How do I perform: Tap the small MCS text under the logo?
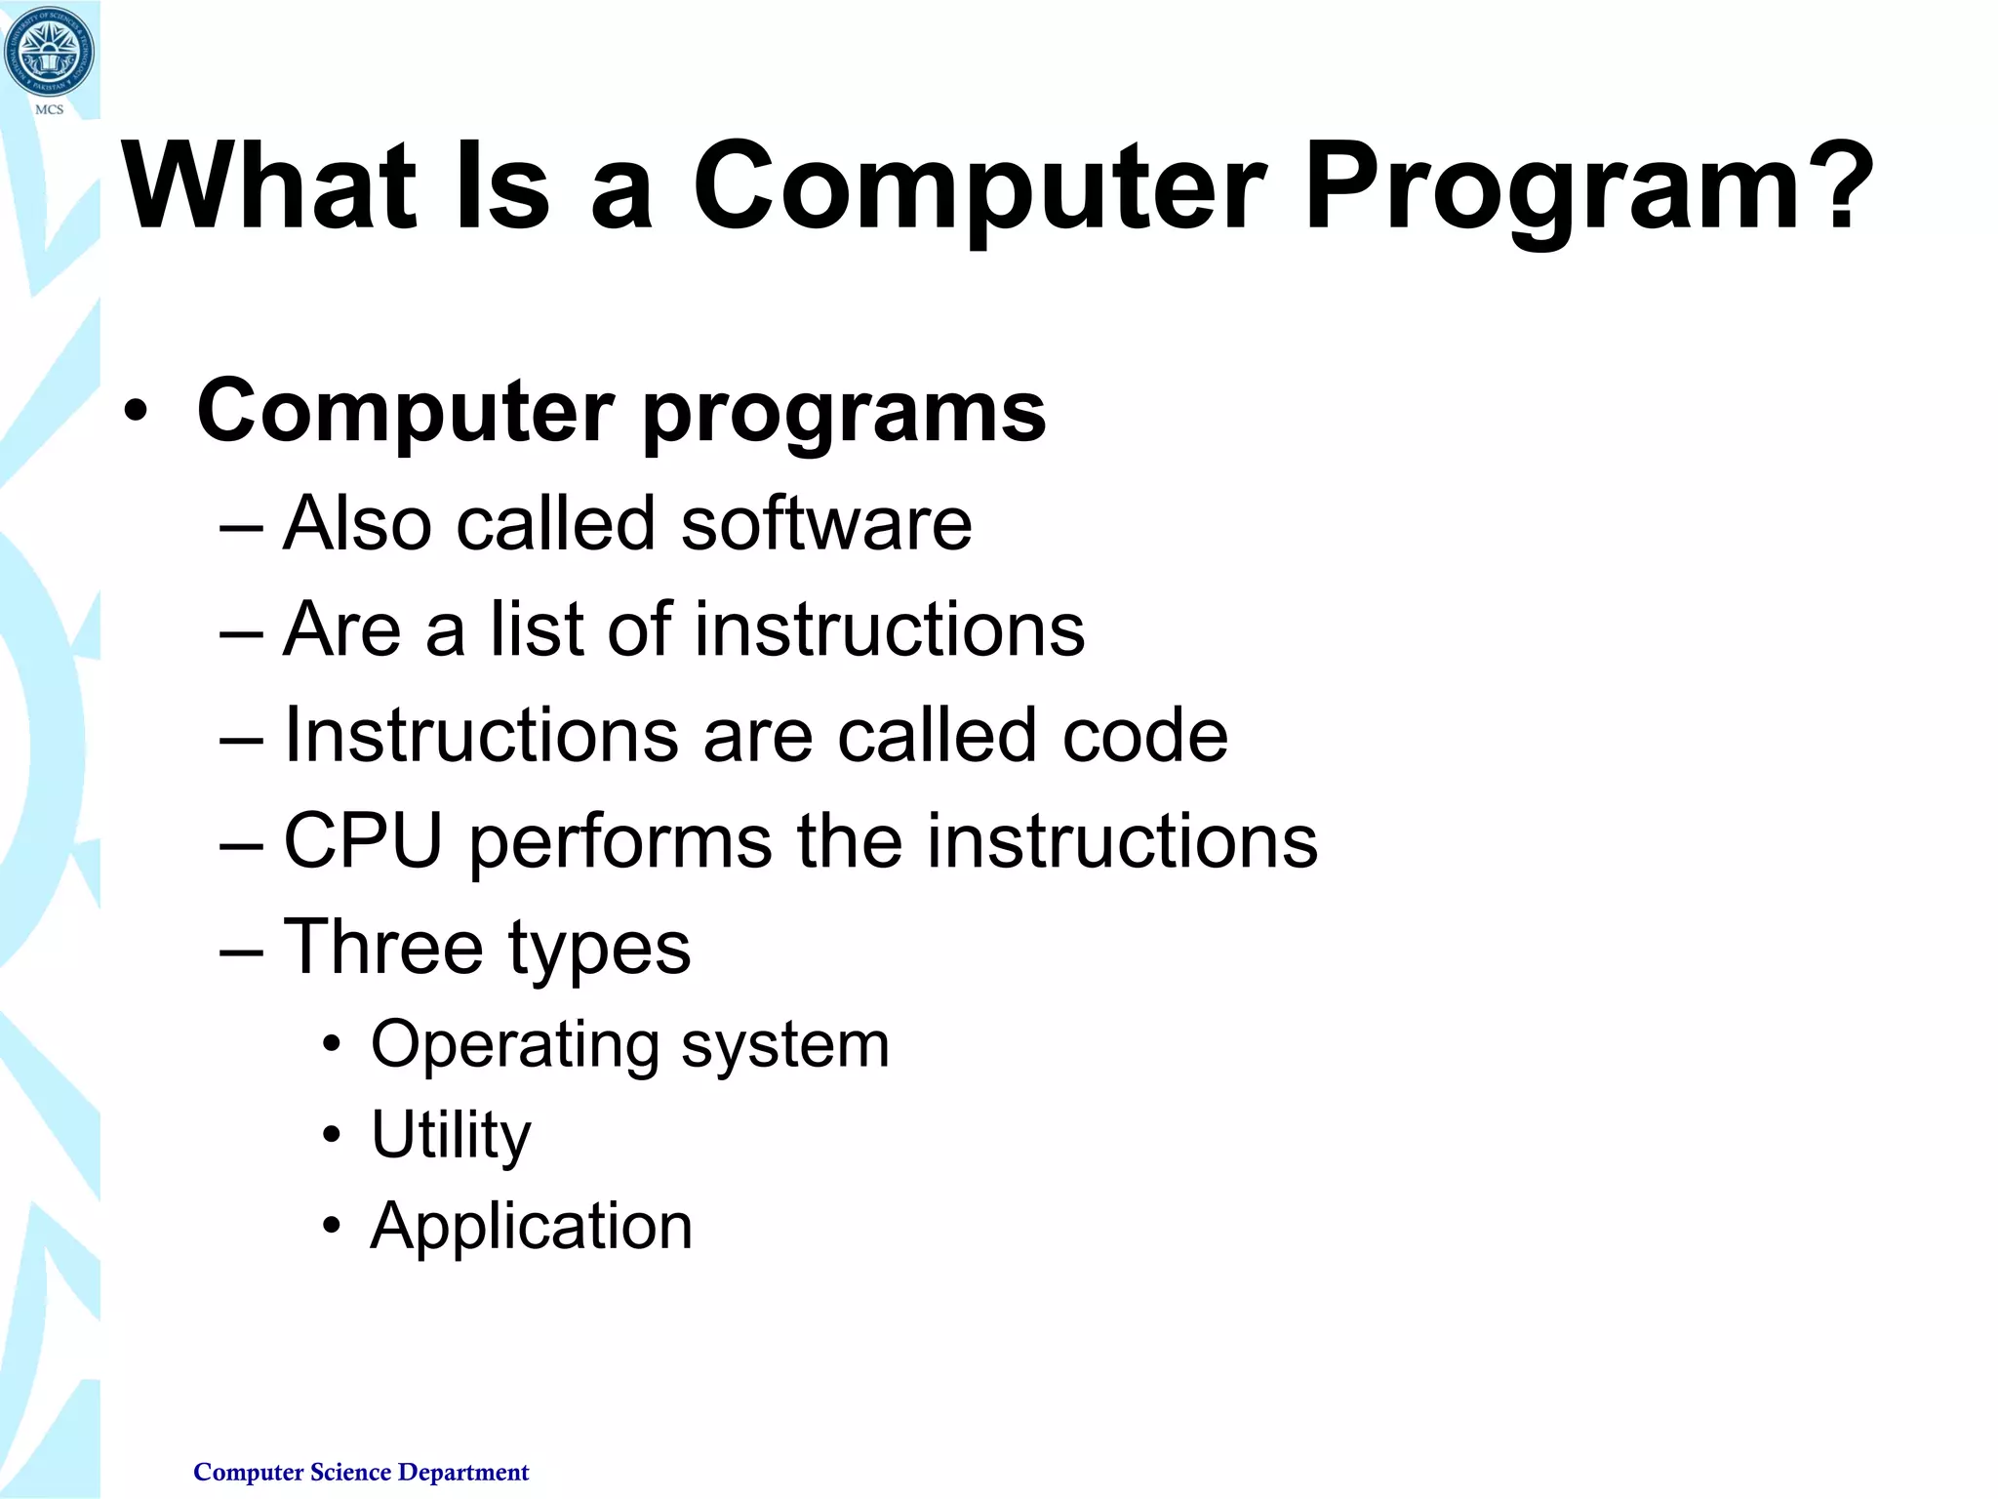[49, 110]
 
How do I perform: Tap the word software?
[826, 524]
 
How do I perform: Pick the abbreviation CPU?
[363, 840]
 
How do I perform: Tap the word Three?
[383, 947]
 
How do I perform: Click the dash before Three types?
[241, 950]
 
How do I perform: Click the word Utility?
[451, 1136]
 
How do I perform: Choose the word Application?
[532, 1227]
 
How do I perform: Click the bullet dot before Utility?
[333, 1136]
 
